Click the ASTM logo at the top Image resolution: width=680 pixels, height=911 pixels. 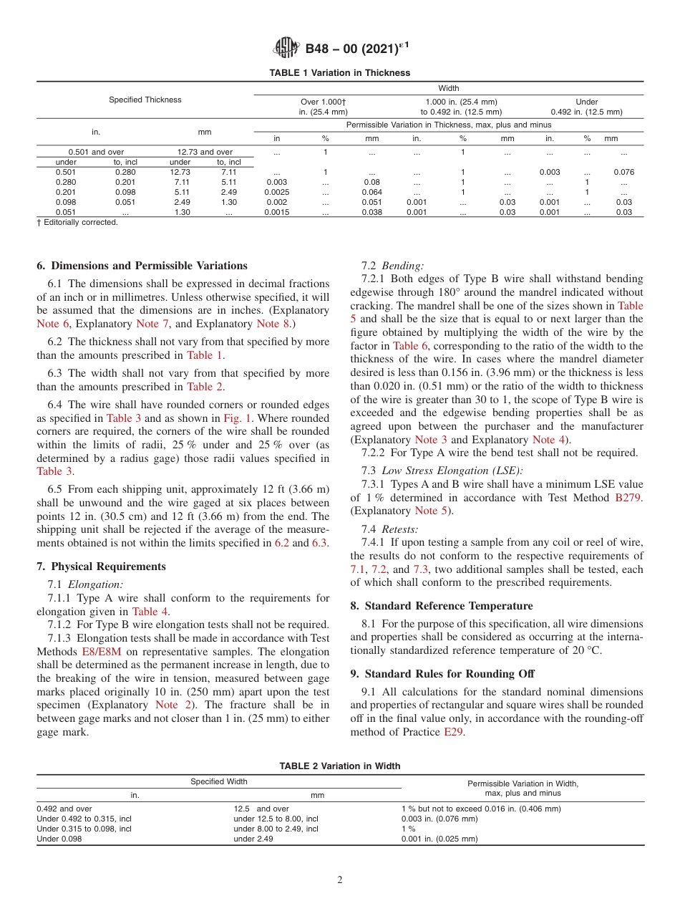tap(287, 49)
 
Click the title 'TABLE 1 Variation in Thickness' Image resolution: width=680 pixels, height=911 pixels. tap(339, 73)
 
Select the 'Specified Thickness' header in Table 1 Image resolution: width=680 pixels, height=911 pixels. tap(145, 100)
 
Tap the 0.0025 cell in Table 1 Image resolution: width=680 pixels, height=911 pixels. tap(277, 192)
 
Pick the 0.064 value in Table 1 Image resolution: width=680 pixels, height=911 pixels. tap(371, 192)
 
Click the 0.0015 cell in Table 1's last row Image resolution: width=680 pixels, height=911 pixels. tap(277, 212)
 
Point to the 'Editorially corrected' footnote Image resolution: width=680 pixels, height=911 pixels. tap(79, 223)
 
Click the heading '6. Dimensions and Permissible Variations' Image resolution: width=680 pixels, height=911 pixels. tap(142, 266)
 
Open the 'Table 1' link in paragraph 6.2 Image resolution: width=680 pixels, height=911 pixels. tap(205, 355)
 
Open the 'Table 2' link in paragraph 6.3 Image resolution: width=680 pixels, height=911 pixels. tap(205, 387)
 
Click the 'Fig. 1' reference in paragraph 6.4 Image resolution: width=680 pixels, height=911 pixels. tap(237, 418)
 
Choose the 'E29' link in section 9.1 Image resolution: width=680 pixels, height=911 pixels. tap(454, 732)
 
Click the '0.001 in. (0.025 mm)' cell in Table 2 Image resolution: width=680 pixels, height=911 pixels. tap(439, 839)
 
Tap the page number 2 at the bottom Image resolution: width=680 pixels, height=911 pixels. tap(340, 880)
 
